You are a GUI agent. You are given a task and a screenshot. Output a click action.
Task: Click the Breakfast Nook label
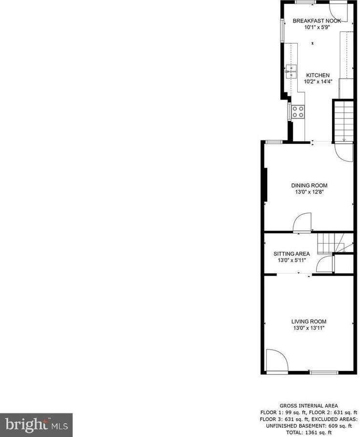[x=317, y=21]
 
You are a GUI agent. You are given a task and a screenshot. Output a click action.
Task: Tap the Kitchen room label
[x=318, y=75]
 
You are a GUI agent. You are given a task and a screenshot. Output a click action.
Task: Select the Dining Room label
[x=309, y=185]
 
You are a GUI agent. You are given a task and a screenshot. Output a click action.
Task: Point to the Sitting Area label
[x=291, y=254]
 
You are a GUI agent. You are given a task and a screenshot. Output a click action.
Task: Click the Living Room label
[x=308, y=322]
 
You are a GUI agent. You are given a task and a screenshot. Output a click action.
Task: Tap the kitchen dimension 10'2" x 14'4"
[x=318, y=82]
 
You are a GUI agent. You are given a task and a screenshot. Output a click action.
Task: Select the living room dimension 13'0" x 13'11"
[x=308, y=328]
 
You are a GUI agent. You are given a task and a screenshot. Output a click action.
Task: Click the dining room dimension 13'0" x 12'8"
[x=309, y=191]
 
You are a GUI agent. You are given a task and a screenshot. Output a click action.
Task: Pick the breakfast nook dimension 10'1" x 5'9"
[x=317, y=27]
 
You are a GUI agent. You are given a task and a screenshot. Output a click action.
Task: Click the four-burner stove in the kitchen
[x=298, y=112]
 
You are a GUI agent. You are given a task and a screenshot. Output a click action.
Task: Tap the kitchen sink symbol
[x=291, y=71]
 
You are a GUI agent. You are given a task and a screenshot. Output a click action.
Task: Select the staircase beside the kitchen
[x=345, y=121]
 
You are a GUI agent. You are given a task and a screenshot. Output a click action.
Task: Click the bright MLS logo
[x=36, y=424]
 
